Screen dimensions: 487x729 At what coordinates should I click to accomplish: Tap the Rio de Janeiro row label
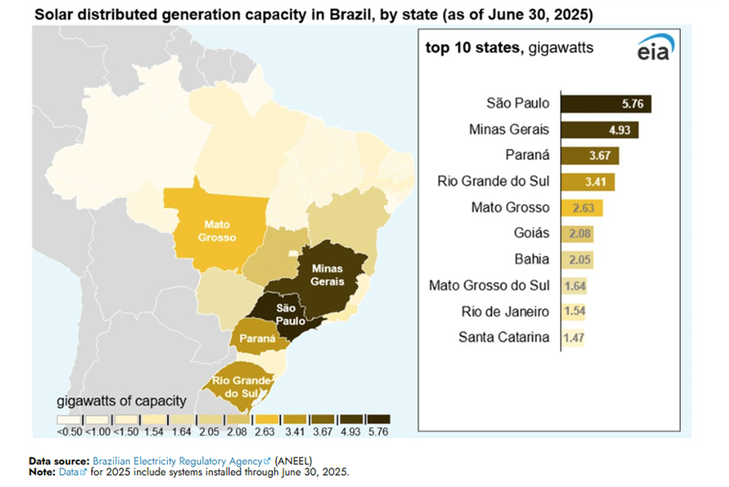pos(505,311)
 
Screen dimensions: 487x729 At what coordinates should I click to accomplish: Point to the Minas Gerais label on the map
pos(327,274)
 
